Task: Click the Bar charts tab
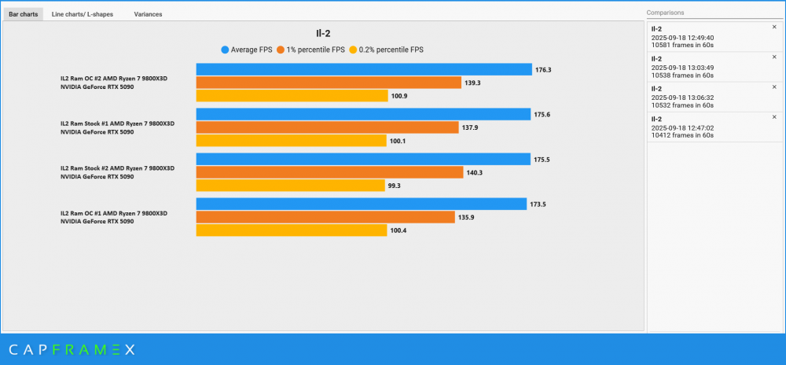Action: [x=23, y=14]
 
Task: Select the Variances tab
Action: [x=148, y=14]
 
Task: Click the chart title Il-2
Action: [x=323, y=34]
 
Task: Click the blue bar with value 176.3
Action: [x=363, y=69]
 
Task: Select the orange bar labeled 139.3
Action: [x=328, y=83]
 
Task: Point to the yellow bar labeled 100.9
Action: [x=292, y=96]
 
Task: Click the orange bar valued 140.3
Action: [x=329, y=172]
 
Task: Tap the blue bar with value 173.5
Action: [x=361, y=204]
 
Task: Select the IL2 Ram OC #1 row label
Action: [x=114, y=217]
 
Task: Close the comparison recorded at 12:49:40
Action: [x=773, y=27]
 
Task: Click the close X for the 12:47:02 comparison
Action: [x=773, y=117]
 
